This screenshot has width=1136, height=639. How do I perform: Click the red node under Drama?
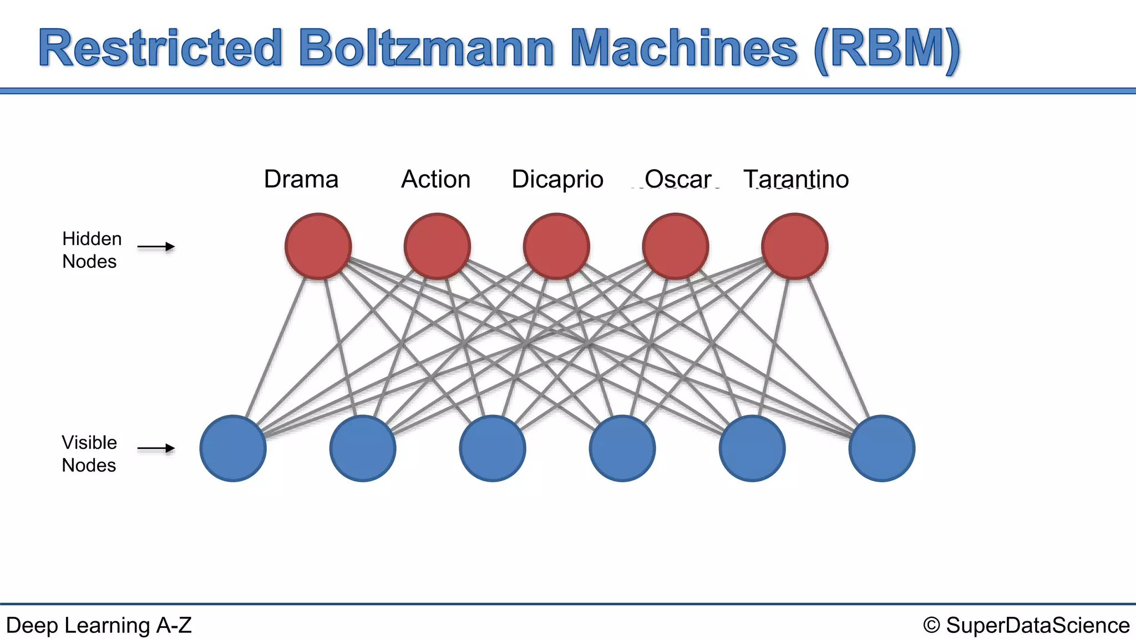coord(318,246)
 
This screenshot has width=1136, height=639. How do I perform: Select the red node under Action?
coord(437,246)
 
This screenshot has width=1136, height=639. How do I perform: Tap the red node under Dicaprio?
coord(556,246)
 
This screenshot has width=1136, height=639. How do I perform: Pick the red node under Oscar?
coord(676,246)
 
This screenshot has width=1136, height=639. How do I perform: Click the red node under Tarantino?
coord(795,246)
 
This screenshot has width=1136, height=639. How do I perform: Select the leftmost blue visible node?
coord(233,448)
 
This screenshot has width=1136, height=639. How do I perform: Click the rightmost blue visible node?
coord(882,448)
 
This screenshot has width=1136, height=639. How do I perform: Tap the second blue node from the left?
coord(363,448)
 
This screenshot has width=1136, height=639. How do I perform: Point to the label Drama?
coord(301,179)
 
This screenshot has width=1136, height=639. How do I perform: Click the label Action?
coord(436,179)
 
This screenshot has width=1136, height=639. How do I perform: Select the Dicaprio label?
coord(557,179)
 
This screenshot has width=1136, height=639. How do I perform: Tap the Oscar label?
coord(678,179)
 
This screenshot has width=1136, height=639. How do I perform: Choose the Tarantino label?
coord(796,179)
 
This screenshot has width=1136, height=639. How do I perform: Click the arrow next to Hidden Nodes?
coord(156,247)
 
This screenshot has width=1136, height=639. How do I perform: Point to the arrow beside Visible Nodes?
coord(156,448)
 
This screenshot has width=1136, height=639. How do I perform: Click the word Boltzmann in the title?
coord(426,49)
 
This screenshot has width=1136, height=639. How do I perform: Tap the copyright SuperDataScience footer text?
coord(1026,625)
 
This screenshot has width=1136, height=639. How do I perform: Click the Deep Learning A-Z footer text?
coord(99,625)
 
